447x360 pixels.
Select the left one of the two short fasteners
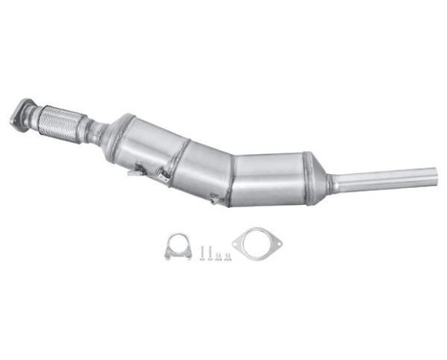coord(218,256)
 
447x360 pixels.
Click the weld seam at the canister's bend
coord(233,177)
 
